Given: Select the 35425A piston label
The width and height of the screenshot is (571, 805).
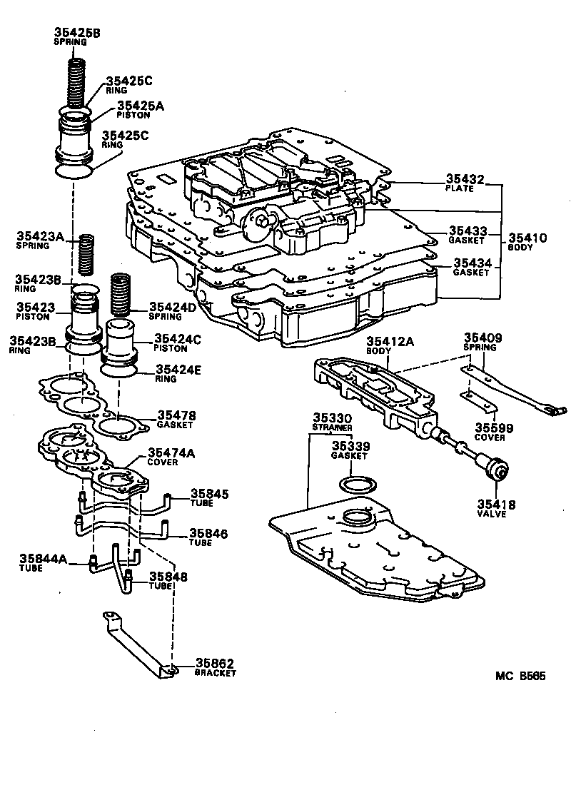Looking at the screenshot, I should [141, 106].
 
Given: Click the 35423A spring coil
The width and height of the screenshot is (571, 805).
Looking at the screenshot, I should [86, 253].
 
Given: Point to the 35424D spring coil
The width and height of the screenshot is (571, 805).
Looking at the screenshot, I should [121, 294].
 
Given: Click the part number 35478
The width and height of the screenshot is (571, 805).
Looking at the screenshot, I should [176, 415].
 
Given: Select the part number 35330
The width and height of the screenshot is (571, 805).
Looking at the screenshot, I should [331, 417].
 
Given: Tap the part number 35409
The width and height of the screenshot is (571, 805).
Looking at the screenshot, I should [484, 338].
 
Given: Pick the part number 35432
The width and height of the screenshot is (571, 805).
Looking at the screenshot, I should [465, 180].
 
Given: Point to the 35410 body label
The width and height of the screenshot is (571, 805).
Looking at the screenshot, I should [527, 238].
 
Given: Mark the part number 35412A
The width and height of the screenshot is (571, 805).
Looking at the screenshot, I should [390, 343].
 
